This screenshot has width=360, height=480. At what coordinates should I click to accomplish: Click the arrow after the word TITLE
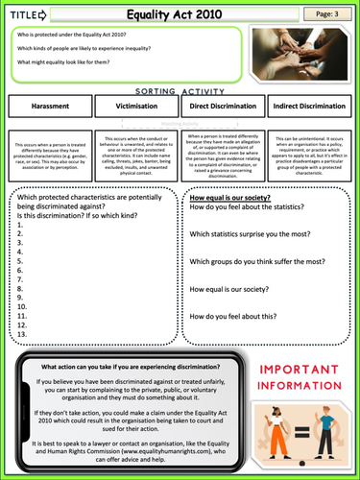(x=42, y=15)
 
